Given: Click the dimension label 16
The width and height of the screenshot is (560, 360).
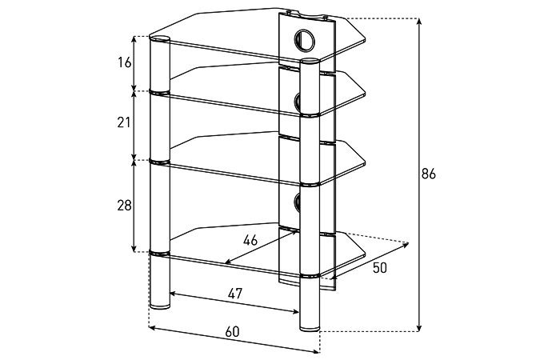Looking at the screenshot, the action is tap(125, 62).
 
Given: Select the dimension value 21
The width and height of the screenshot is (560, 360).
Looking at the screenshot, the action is tap(124, 122).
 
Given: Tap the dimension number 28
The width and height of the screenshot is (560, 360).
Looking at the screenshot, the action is tap(124, 206).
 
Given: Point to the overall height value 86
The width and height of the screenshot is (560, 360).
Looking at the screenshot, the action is tap(429, 174).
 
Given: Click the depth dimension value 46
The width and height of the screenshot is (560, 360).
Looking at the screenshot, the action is tap(250, 240).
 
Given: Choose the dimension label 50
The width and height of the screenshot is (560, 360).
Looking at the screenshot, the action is tap(380, 267).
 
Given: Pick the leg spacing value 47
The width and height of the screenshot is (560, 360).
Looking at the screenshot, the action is tap(235, 294).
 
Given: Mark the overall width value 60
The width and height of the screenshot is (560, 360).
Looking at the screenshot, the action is tap(232, 332).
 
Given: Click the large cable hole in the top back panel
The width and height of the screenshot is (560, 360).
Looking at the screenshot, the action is tap(305, 39).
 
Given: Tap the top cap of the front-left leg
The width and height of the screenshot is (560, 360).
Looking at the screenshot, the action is tap(160, 38).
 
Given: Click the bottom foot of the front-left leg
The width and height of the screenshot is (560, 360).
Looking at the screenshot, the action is tap(160, 306).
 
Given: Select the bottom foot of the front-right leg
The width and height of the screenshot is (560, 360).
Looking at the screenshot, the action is tap(310, 326).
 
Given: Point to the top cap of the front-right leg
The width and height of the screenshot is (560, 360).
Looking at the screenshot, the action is tap(310, 62).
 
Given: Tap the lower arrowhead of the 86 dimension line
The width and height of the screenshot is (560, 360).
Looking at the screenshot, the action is tap(419, 328).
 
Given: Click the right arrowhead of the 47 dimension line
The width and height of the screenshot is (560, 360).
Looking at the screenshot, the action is tap(295, 311).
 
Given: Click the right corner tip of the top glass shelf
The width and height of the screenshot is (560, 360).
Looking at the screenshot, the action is tap(365, 39).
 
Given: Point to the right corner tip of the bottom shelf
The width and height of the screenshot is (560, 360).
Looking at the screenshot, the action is tap(365, 254).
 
